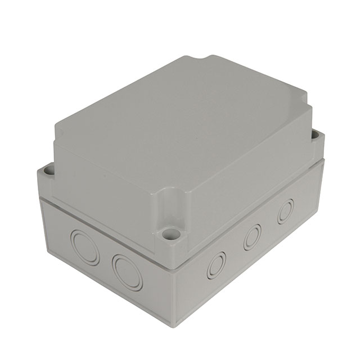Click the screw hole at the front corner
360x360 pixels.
point(169,232)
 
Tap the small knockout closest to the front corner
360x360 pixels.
point(215,264)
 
